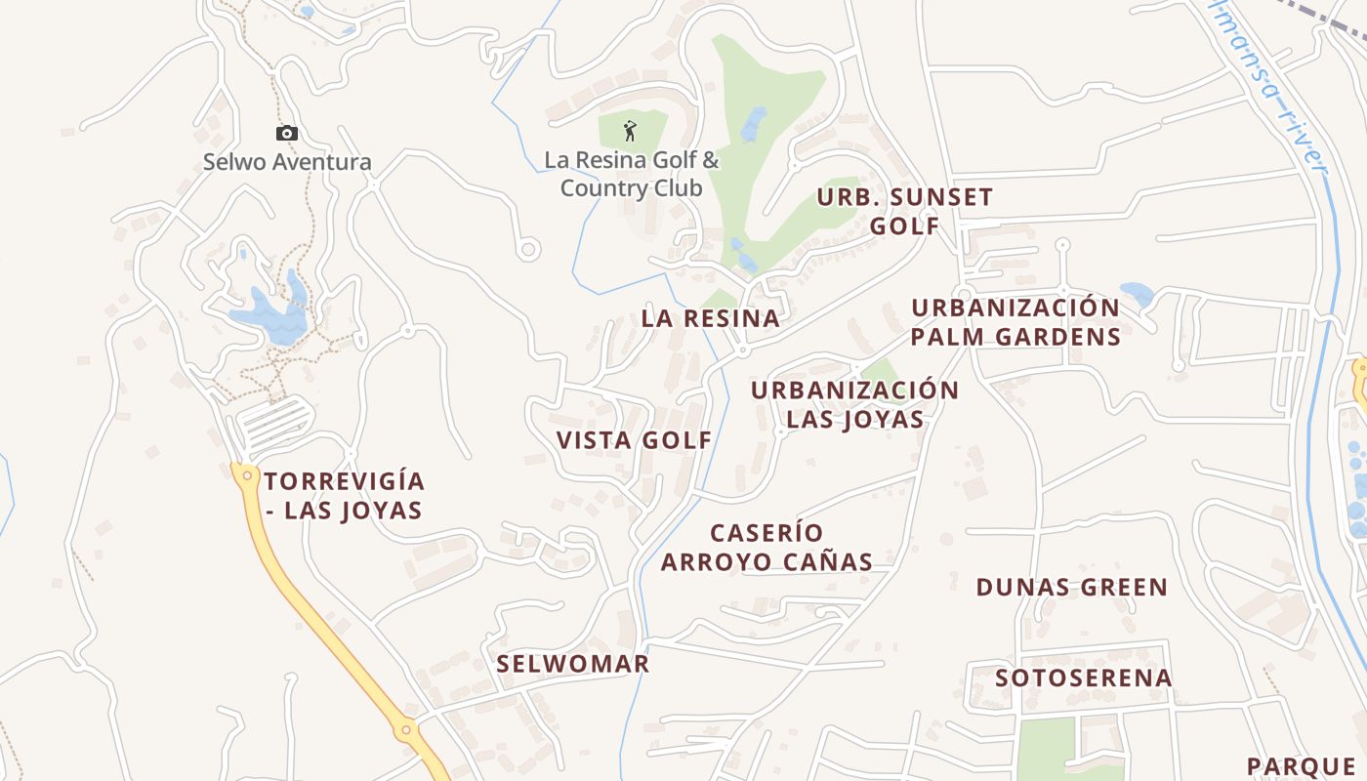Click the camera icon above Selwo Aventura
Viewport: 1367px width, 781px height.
pyautogui.click(x=286, y=134)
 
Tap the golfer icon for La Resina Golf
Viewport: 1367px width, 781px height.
pyautogui.click(x=631, y=131)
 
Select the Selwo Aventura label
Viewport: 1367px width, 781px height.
pyautogui.click(x=287, y=162)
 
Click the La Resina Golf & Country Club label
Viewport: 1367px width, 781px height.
pyautogui.click(x=632, y=174)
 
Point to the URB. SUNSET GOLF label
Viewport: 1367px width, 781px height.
pyautogui.click(x=904, y=211)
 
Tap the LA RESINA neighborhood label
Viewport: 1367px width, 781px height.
pyautogui.click(x=711, y=318)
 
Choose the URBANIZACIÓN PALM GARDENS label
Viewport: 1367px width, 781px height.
pyautogui.click(x=1015, y=322)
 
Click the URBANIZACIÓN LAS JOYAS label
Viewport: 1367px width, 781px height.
pyautogui.click(x=854, y=404)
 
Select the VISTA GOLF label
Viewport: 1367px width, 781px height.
pyautogui.click(x=635, y=440)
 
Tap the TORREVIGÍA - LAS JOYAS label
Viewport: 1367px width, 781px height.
pyautogui.click(x=344, y=496)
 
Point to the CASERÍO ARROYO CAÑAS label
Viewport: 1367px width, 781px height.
pyautogui.click(x=766, y=547)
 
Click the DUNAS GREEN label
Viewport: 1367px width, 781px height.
pyautogui.click(x=1072, y=588)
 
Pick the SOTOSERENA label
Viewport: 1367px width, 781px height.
pyautogui.click(x=1084, y=678)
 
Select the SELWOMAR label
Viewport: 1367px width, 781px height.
pyautogui.click(x=573, y=664)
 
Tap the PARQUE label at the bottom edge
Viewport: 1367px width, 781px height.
pyautogui.click(x=1302, y=766)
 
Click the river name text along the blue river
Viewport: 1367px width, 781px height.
pyautogui.click(x=1269, y=88)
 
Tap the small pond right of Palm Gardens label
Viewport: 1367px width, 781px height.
pyautogui.click(x=1136, y=293)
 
